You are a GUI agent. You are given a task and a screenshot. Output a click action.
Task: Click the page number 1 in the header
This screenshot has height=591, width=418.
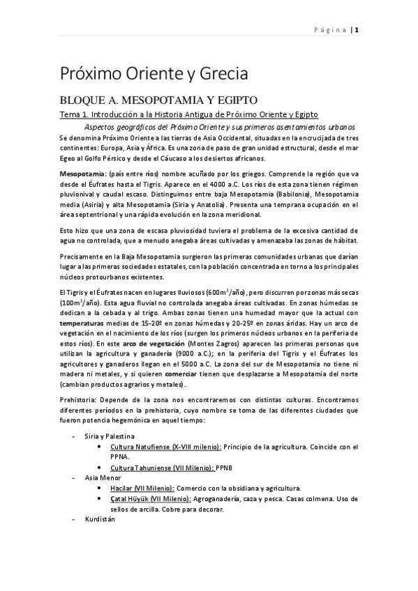pos(356,29)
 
